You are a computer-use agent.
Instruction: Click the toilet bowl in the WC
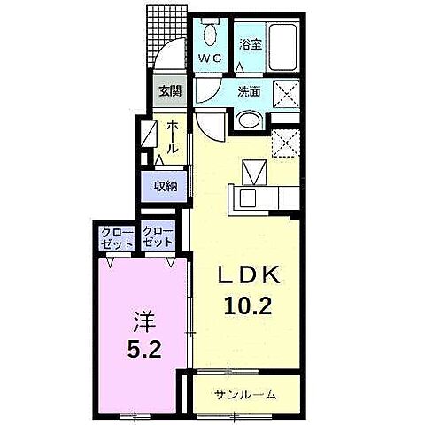(210, 35)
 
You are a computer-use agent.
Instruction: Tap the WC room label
(210, 58)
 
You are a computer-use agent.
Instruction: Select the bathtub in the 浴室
(282, 47)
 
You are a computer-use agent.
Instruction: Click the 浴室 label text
(251, 45)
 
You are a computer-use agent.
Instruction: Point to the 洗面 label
(250, 92)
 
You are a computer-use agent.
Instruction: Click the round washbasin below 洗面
(250, 120)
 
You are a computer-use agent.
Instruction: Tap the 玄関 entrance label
(170, 91)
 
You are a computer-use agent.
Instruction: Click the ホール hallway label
(173, 137)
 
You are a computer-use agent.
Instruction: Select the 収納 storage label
(166, 186)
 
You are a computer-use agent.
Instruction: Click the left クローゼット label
(117, 238)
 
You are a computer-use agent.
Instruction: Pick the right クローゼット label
(158, 238)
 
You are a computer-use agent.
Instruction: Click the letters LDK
(249, 275)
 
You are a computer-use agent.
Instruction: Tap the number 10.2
(248, 305)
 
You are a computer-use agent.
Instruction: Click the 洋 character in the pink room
(143, 321)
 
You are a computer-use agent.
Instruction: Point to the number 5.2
(144, 350)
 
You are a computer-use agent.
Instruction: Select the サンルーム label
(245, 394)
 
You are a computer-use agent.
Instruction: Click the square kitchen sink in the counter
(247, 198)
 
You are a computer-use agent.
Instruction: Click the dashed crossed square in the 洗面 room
(286, 94)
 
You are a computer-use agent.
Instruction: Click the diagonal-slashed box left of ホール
(149, 134)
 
